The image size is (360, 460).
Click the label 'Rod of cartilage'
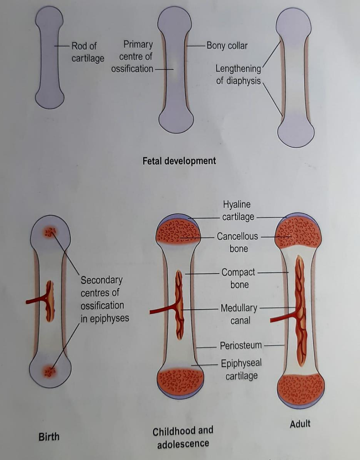[88, 52]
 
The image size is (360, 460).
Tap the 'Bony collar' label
[227, 46]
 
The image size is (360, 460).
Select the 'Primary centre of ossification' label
[132, 57]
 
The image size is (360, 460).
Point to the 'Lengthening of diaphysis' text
[238, 75]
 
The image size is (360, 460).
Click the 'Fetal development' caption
[179, 160]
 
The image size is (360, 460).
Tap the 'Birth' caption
[49, 437]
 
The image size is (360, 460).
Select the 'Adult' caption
[300, 424]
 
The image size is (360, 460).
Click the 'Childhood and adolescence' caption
[183, 437]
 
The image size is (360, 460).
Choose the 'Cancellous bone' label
[238, 242]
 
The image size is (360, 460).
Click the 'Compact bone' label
[239, 278]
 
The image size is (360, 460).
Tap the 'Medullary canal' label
[239, 314]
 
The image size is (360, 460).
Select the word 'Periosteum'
[241, 345]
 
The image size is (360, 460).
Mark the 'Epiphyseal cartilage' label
[241, 369]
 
